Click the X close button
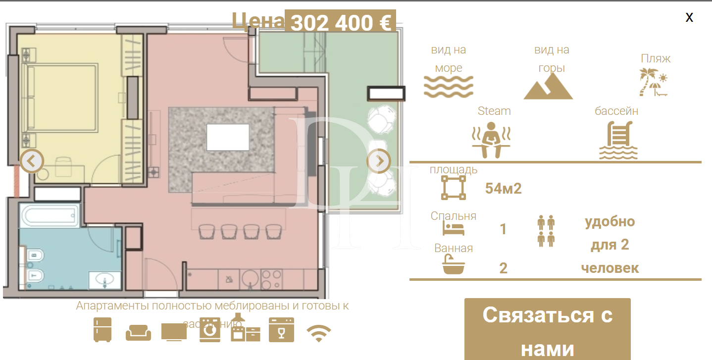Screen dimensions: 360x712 tap(689, 18)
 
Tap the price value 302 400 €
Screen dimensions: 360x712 tap(340, 23)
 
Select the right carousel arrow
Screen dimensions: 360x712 tap(379, 161)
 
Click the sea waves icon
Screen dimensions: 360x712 tap(449, 86)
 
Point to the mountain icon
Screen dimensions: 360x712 tap(548, 87)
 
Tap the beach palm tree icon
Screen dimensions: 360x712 tap(653, 82)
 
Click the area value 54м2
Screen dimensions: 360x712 tap(504, 189)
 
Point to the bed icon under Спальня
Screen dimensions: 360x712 tap(453, 229)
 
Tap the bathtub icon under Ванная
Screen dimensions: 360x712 tap(453, 265)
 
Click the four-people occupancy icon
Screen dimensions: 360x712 tap(546, 231)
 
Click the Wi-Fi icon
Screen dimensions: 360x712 tap(319, 333)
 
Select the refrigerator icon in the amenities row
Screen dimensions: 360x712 tap(102, 330)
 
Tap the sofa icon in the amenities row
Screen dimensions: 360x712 tap(138, 332)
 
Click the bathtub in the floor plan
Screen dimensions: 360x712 tap(50, 216)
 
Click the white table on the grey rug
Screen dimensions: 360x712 tap(228, 137)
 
